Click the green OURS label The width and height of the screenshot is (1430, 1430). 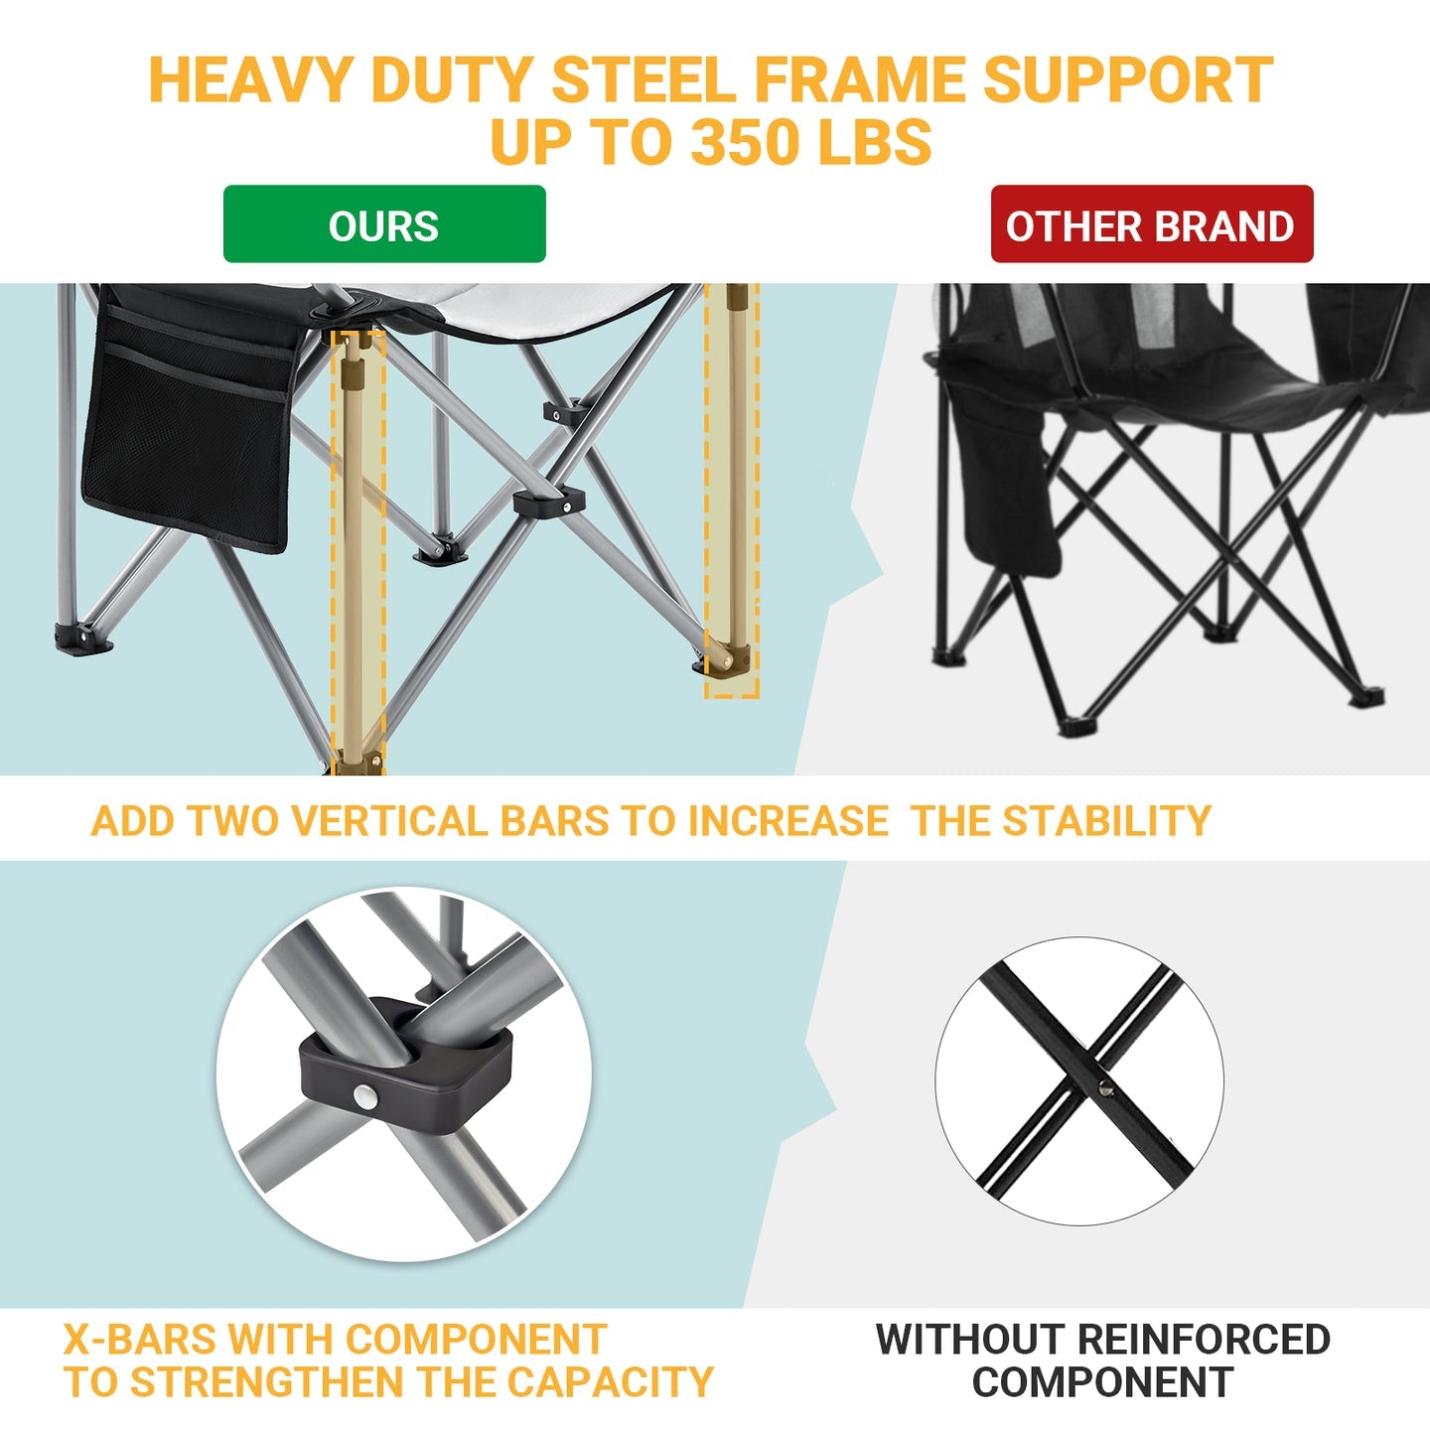(x=384, y=225)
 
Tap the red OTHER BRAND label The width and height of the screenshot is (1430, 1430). (x=1151, y=225)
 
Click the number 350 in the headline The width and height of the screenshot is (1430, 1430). (x=744, y=141)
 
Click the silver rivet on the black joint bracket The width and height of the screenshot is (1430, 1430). (x=365, y=1097)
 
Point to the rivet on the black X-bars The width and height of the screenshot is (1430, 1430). (x=1105, y=1088)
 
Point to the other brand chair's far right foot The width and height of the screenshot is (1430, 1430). (x=1369, y=697)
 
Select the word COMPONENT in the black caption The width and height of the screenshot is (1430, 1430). (x=1102, y=1382)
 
